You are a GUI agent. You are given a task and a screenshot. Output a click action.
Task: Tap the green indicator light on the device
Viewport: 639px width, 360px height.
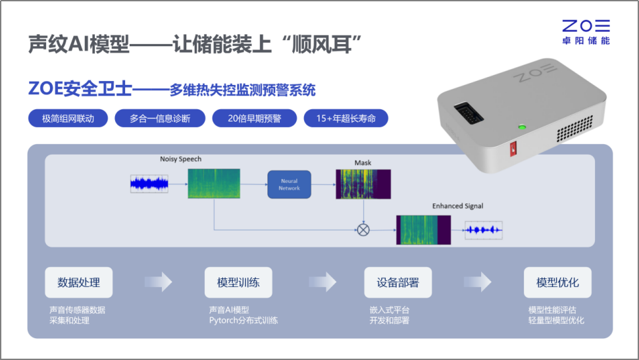[523, 126]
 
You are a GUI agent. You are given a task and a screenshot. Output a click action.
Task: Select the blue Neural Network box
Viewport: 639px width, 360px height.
[289, 184]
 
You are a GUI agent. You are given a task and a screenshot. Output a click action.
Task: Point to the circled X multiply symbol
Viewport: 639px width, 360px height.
[363, 230]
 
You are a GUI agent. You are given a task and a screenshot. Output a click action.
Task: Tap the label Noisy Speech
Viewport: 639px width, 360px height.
[180, 159]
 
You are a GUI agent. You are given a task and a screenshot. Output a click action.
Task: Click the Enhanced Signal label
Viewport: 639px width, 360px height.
[457, 206]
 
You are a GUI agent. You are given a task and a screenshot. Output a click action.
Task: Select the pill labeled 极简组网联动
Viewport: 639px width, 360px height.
[68, 118]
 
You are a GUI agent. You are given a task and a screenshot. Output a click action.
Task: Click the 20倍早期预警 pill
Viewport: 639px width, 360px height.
[254, 118]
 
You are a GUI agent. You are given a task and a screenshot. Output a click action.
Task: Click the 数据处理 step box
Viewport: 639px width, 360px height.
[79, 282]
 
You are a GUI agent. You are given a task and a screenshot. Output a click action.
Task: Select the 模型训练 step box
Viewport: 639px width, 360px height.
[238, 282]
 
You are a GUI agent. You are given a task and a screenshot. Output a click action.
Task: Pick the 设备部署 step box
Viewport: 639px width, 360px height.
[398, 282]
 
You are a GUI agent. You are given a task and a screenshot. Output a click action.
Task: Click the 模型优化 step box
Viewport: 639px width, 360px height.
[557, 282]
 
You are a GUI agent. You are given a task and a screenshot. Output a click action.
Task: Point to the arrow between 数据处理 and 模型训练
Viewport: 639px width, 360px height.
[159, 282]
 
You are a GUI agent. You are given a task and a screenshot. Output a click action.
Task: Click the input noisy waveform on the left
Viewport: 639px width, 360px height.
[149, 184]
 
